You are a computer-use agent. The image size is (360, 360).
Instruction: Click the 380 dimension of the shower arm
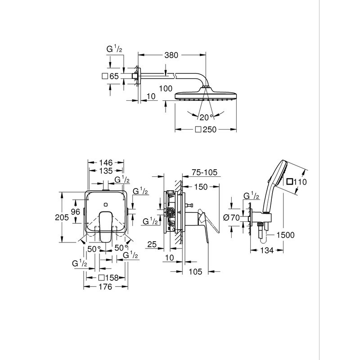(171, 55)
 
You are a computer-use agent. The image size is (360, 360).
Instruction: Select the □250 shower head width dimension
(205, 130)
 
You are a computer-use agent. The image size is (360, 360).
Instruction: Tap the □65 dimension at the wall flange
(111, 76)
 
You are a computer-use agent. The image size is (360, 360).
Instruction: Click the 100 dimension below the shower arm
(166, 89)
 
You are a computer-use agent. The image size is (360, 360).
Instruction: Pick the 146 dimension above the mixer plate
(105, 162)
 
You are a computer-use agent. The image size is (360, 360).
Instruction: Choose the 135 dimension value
(105, 171)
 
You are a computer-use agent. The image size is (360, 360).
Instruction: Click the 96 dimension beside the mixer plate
(75, 211)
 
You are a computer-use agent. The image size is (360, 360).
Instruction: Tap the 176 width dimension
(106, 288)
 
